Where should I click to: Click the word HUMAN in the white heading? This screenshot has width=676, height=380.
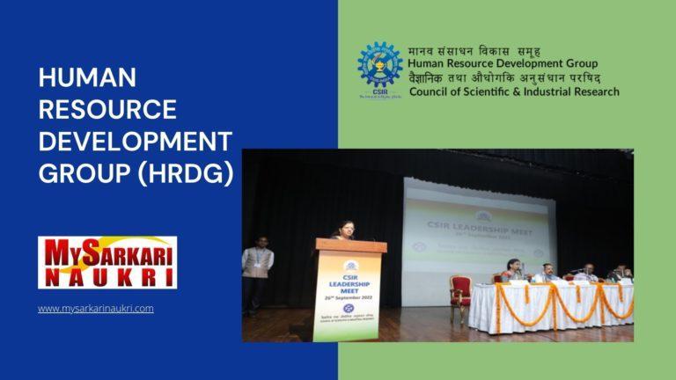click(x=87, y=78)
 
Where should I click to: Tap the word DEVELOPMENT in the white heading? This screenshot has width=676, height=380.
click(x=135, y=142)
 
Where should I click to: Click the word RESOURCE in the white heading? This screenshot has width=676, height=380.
click(x=107, y=110)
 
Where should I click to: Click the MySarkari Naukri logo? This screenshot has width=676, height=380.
click(x=107, y=262)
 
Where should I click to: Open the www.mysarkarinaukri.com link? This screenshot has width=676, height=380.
click(x=96, y=309)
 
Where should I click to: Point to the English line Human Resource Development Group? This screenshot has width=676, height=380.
click(x=502, y=63)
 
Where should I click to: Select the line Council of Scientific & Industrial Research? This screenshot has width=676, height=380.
click(x=514, y=91)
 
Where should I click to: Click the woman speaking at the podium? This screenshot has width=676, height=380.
click(x=342, y=231)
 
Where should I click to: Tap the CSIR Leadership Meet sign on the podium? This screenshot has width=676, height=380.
click(x=350, y=284)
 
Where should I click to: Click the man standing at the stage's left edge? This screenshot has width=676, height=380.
click(x=257, y=268)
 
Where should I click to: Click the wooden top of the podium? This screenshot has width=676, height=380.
click(x=349, y=245)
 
